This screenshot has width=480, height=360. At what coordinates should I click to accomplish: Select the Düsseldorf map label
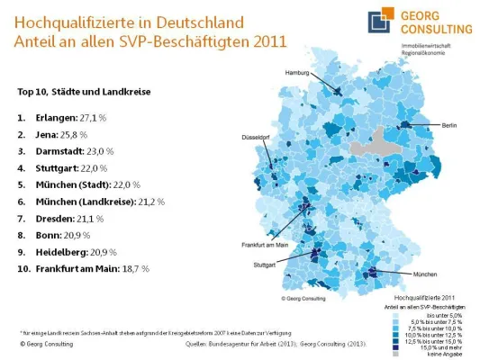coord(255,138)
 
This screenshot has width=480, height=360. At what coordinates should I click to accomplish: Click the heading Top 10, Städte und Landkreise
coord(83,92)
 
